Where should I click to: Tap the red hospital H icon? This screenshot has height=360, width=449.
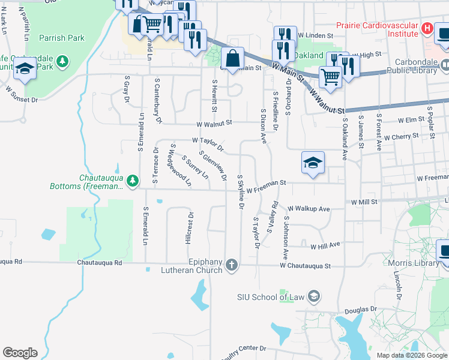427,28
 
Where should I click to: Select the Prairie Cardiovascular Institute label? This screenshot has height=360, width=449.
376,30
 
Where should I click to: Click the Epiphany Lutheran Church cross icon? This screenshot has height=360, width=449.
232,265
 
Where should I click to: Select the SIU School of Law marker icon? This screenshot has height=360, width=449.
313,296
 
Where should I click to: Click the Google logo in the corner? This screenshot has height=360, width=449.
20,352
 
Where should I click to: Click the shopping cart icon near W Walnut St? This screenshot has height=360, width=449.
330,76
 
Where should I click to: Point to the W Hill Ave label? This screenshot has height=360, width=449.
325,245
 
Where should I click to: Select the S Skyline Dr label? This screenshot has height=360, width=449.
240,191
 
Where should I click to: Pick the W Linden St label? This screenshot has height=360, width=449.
315,36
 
